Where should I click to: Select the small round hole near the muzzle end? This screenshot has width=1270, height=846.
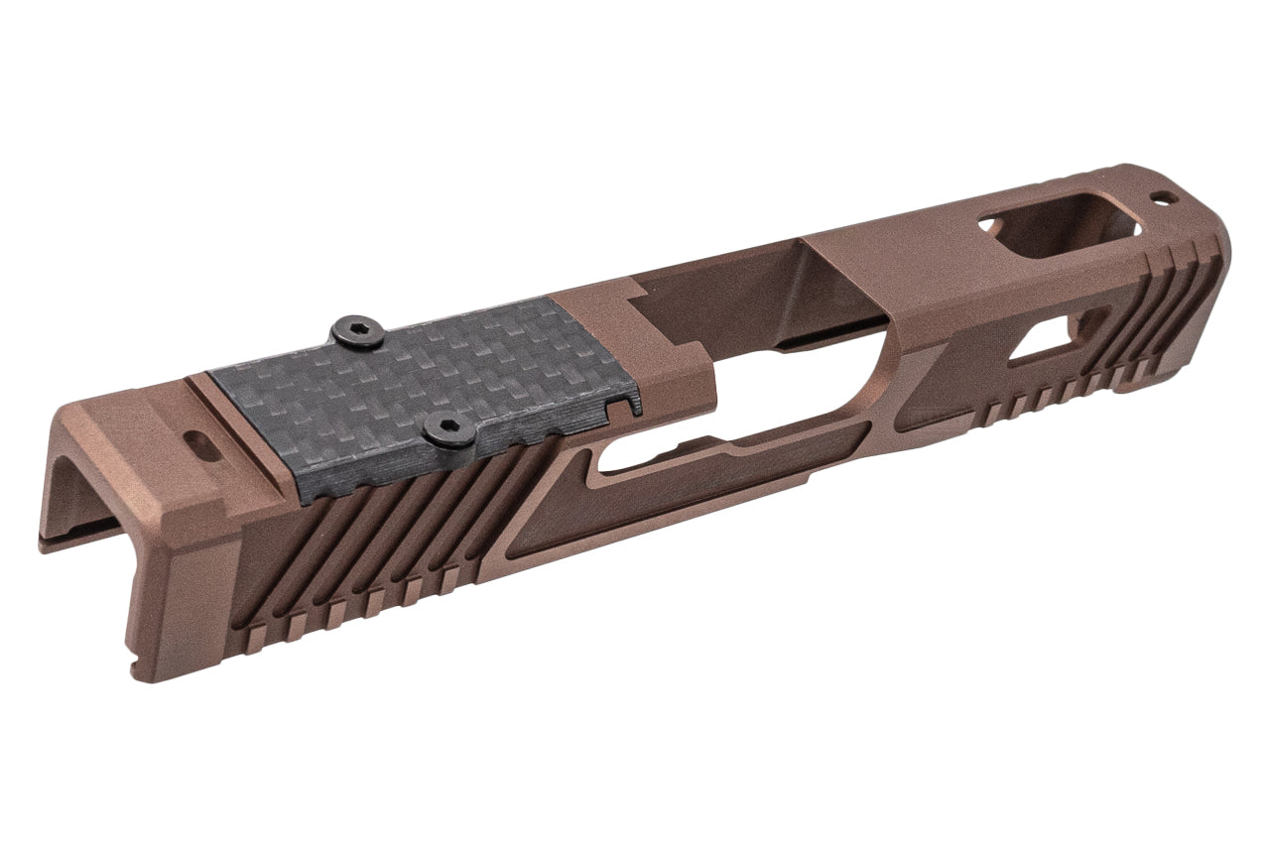[1167, 197]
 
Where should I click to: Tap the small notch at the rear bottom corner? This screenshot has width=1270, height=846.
[136, 656]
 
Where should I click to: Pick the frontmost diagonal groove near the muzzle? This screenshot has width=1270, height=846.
[1196, 298]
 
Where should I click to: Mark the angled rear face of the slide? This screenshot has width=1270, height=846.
[179, 595]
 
